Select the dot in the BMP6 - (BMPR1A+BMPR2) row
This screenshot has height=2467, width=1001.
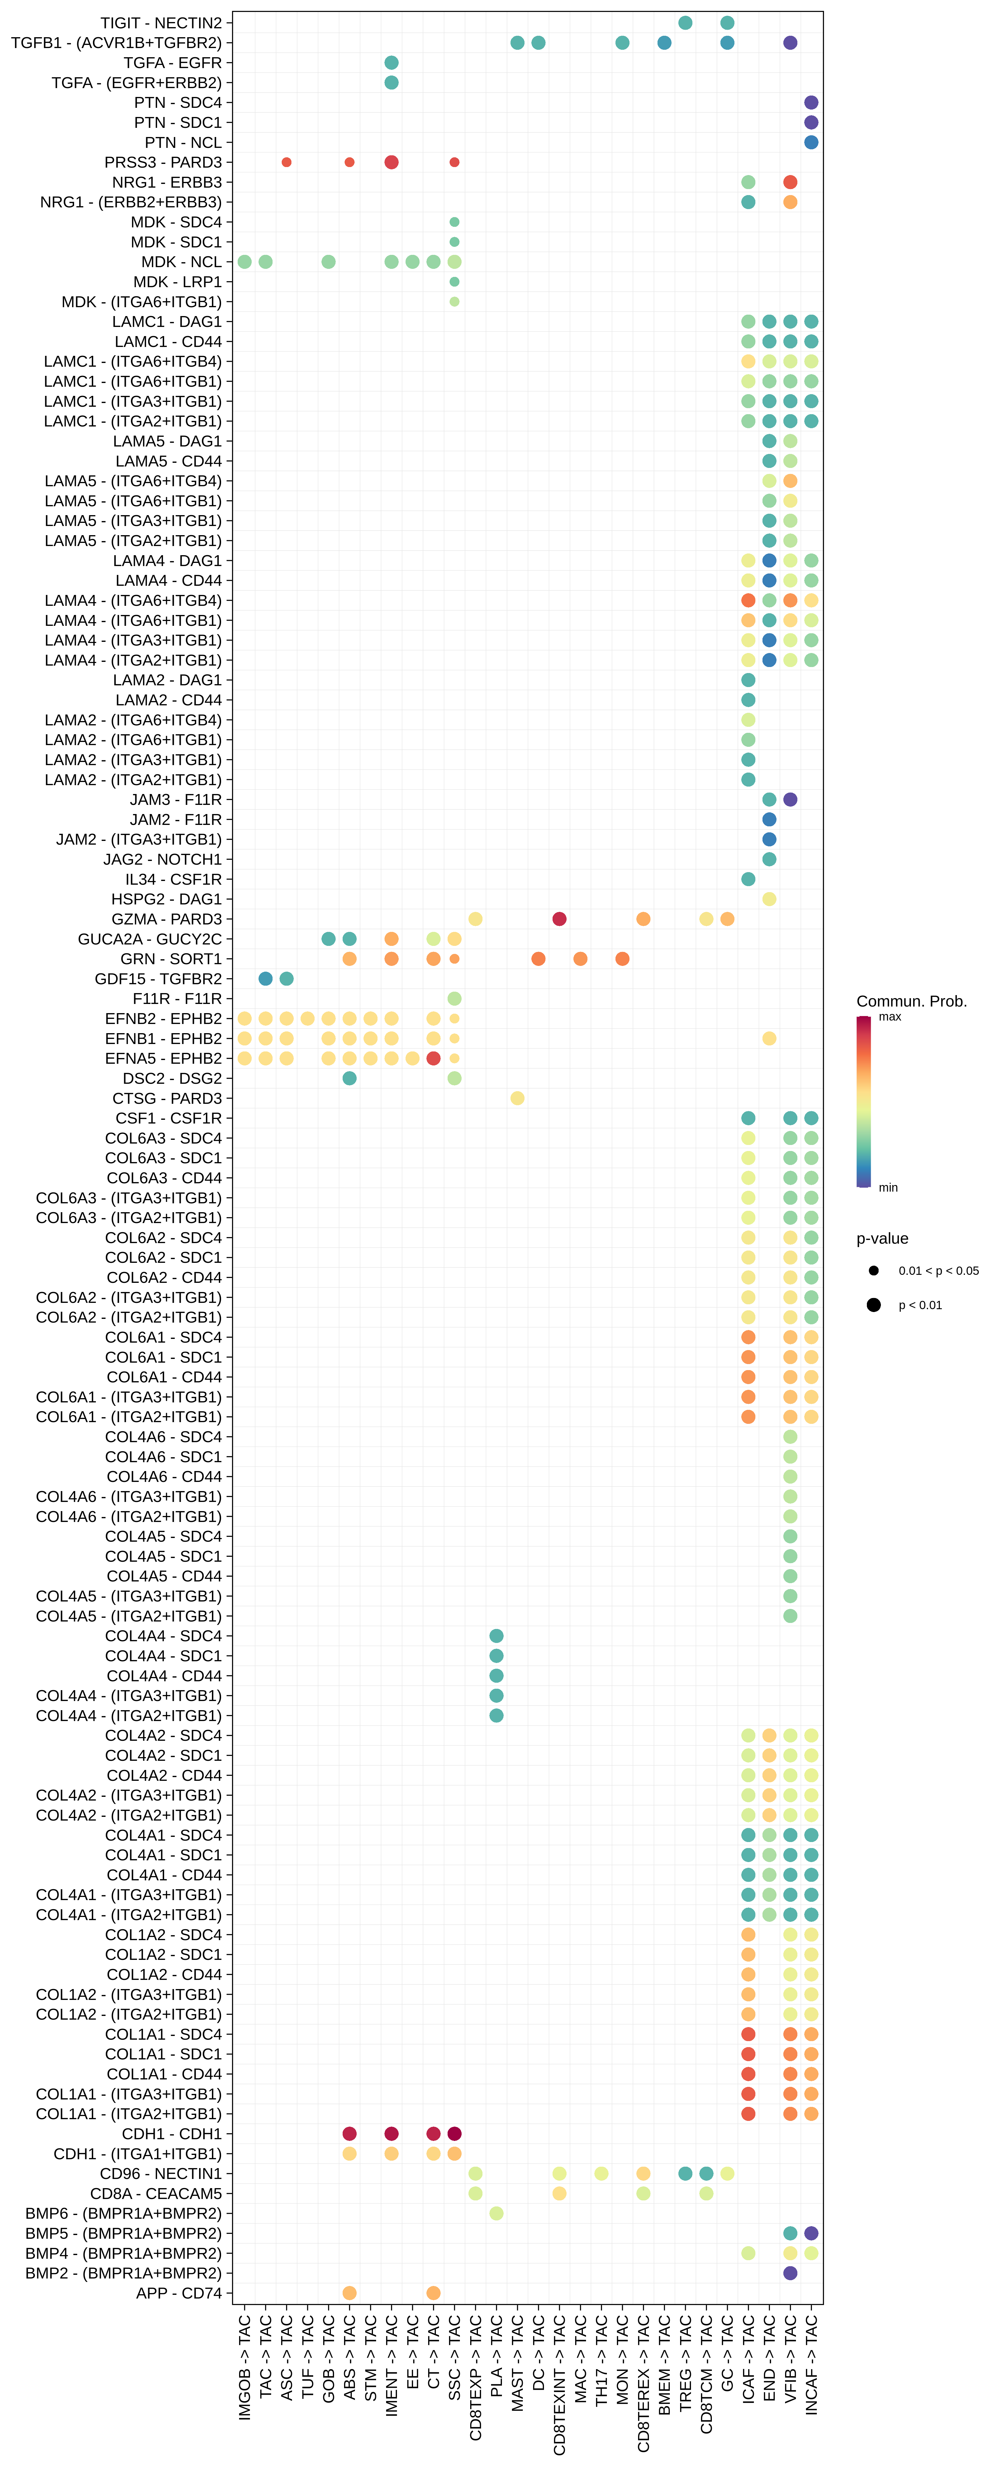point(496,2213)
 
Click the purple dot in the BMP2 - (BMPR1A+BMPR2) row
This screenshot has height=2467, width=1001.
point(790,2273)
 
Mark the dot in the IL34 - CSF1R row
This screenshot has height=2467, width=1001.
point(748,879)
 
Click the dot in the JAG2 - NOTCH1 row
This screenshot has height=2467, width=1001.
point(769,859)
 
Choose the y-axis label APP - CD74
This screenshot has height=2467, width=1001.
point(179,2293)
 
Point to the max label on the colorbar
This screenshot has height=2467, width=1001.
point(890,1017)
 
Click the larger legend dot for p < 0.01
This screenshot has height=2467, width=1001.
point(874,1304)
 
